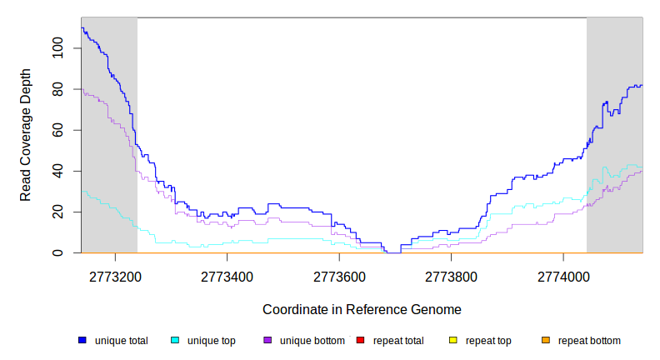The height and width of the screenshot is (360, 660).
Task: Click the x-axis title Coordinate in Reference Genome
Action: point(362,309)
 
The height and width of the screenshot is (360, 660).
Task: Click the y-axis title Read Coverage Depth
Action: point(26,135)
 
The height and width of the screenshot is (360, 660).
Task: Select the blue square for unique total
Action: point(82,341)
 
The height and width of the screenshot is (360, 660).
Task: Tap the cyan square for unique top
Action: point(175,341)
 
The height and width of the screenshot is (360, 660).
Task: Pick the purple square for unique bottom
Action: point(267,341)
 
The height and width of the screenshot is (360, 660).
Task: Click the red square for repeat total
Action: point(360,341)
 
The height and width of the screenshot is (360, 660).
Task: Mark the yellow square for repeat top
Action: point(453,341)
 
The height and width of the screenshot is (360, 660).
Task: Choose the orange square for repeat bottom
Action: point(546,341)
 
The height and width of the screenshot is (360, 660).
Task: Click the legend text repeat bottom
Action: point(589,341)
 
